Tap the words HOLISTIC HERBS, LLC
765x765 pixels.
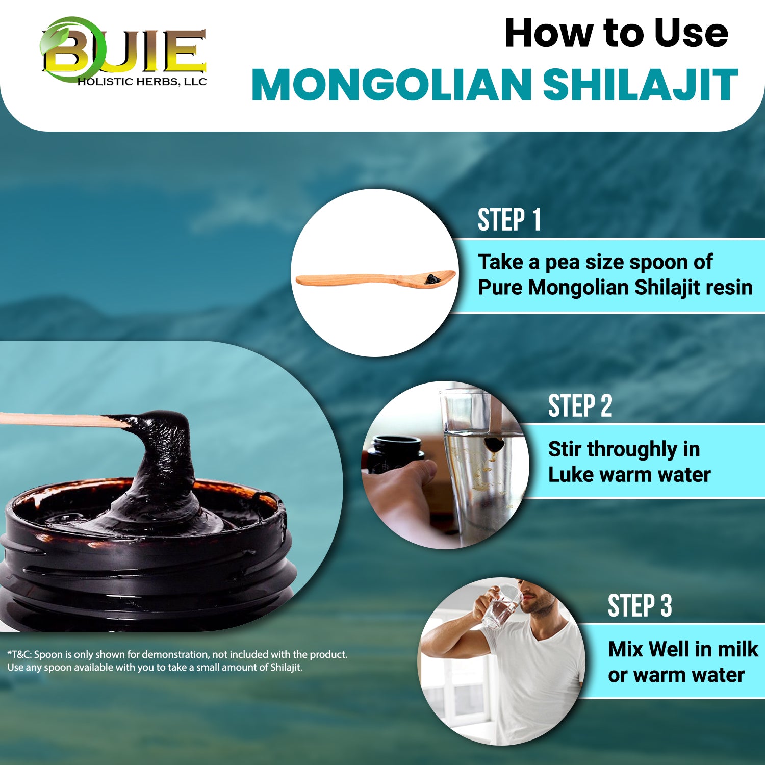(142, 82)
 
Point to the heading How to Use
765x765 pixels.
(616, 34)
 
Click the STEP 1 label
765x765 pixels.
(509, 220)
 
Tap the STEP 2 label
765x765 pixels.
(580, 406)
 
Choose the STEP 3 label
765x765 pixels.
(640, 606)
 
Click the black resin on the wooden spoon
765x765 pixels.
(432, 278)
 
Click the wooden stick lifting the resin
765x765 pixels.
(56, 419)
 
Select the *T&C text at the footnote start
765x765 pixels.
(19, 654)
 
